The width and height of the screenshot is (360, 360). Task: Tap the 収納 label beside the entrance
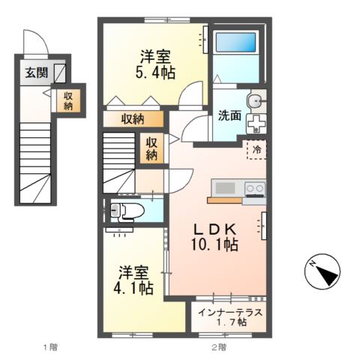(68, 101)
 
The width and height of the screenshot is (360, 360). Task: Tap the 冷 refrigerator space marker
(256, 149)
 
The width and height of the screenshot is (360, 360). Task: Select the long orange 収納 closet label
(133, 118)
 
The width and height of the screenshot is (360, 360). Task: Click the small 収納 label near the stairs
(151, 148)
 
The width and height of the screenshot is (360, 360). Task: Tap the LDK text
(217, 229)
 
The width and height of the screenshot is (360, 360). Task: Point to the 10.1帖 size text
(217, 245)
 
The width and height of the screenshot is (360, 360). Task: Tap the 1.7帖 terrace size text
(230, 322)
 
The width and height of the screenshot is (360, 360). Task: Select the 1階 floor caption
(49, 346)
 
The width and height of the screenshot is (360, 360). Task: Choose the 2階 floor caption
(217, 346)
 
